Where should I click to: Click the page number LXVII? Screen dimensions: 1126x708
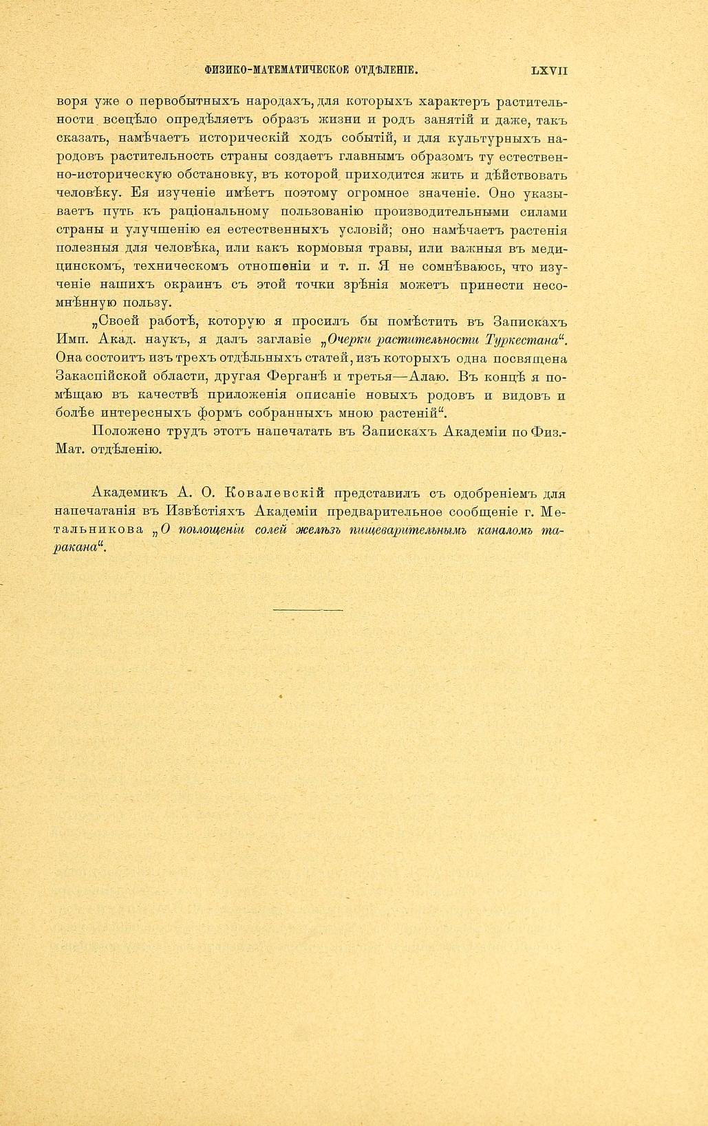tap(549, 70)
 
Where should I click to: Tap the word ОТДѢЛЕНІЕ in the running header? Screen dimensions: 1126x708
tap(386, 70)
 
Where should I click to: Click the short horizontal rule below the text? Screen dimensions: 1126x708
tap(308, 609)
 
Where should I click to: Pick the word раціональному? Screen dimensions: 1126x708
tap(223, 212)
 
